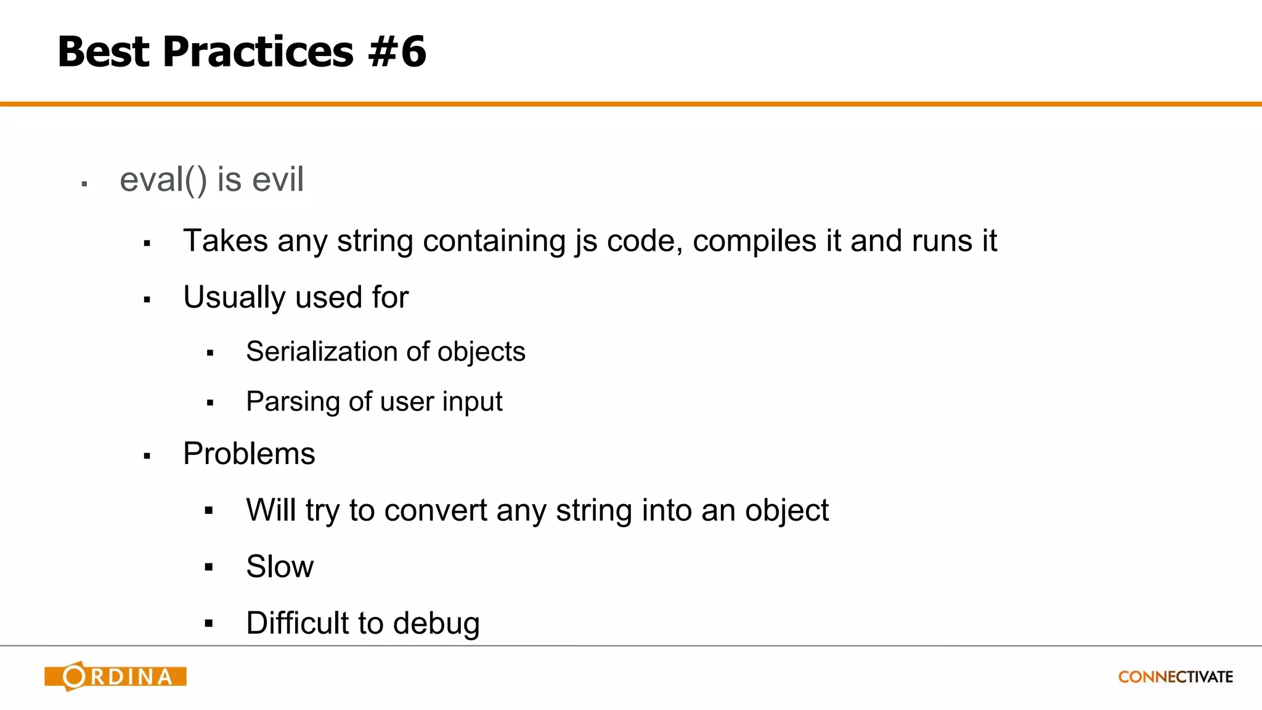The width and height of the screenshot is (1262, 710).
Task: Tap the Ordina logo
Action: tap(115, 676)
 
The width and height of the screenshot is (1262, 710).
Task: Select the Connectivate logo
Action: tap(1175, 677)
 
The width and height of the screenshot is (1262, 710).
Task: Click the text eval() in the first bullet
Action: tap(163, 180)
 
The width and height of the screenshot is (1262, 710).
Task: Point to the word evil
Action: tap(278, 180)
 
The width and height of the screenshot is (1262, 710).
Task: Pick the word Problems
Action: tap(249, 454)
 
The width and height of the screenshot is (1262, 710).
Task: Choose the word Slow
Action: tap(280, 566)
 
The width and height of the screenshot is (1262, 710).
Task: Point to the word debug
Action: tap(436, 624)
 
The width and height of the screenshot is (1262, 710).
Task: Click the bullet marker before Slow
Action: tap(209, 567)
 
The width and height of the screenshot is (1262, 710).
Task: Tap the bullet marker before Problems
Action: tap(147, 457)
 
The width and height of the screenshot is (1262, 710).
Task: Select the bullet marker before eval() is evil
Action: tap(84, 184)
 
